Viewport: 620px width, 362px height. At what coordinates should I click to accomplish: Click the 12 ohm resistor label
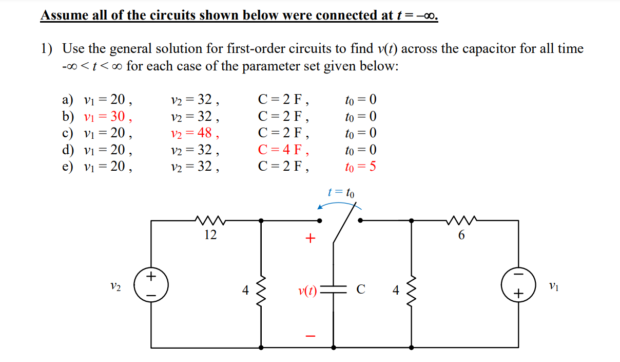pos(210,235)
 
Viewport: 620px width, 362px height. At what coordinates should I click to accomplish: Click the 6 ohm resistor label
pos(461,235)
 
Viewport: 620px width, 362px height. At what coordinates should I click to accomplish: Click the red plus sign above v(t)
pos(309,239)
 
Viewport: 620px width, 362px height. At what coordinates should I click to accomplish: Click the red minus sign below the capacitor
pos(309,337)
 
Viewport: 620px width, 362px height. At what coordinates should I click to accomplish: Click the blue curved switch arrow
pos(339,204)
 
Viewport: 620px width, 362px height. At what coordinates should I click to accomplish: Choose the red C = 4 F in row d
pos(284,150)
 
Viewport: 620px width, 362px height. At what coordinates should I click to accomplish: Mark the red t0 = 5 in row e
pos(361,167)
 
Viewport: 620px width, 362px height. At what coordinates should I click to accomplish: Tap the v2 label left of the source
pos(115,287)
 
